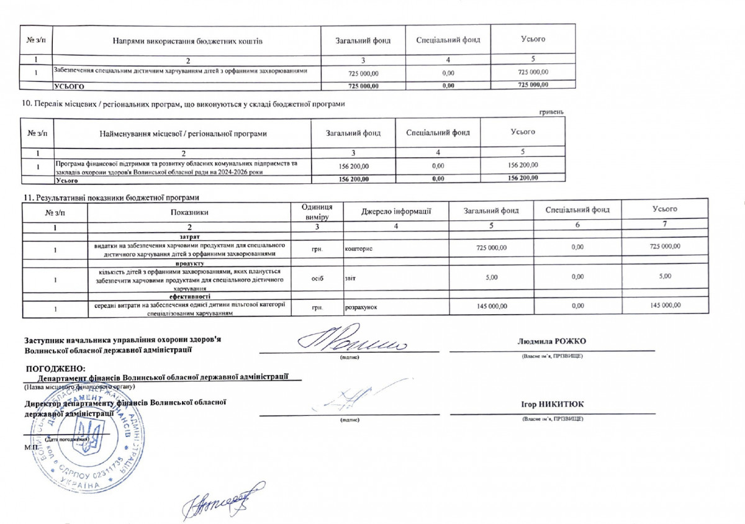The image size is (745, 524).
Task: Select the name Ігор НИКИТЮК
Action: click(x=553, y=405)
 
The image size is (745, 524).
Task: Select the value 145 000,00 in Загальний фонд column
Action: click(x=491, y=305)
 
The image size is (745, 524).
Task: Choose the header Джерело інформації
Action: click(x=396, y=211)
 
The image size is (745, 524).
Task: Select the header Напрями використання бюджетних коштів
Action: click(x=187, y=41)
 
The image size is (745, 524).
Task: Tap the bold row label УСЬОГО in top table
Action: click(x=70, y=86)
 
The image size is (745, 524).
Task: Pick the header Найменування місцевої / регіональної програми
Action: click(x=183, y=133)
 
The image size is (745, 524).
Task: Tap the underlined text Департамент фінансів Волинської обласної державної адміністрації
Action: click(x=163, y=377)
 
